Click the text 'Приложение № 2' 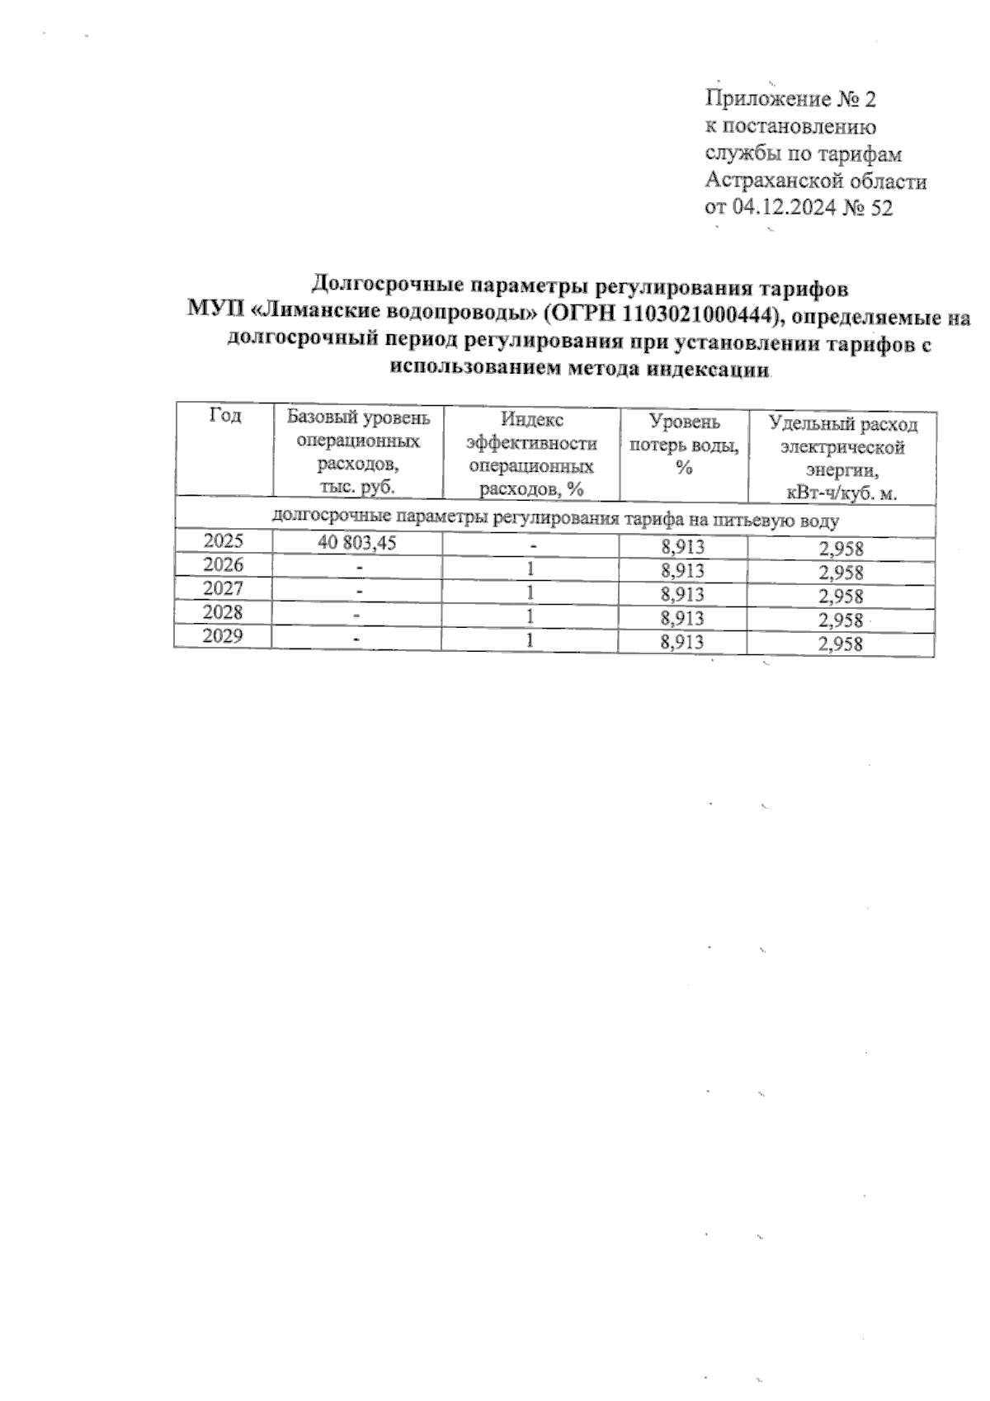(790, 100)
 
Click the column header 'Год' (224, 417)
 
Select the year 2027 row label (224, 589)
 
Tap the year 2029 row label (224, 637)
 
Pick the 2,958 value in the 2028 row (840, 620)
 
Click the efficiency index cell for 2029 (531, 639)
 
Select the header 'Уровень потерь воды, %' (683, 444)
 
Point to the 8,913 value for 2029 (682, 642)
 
